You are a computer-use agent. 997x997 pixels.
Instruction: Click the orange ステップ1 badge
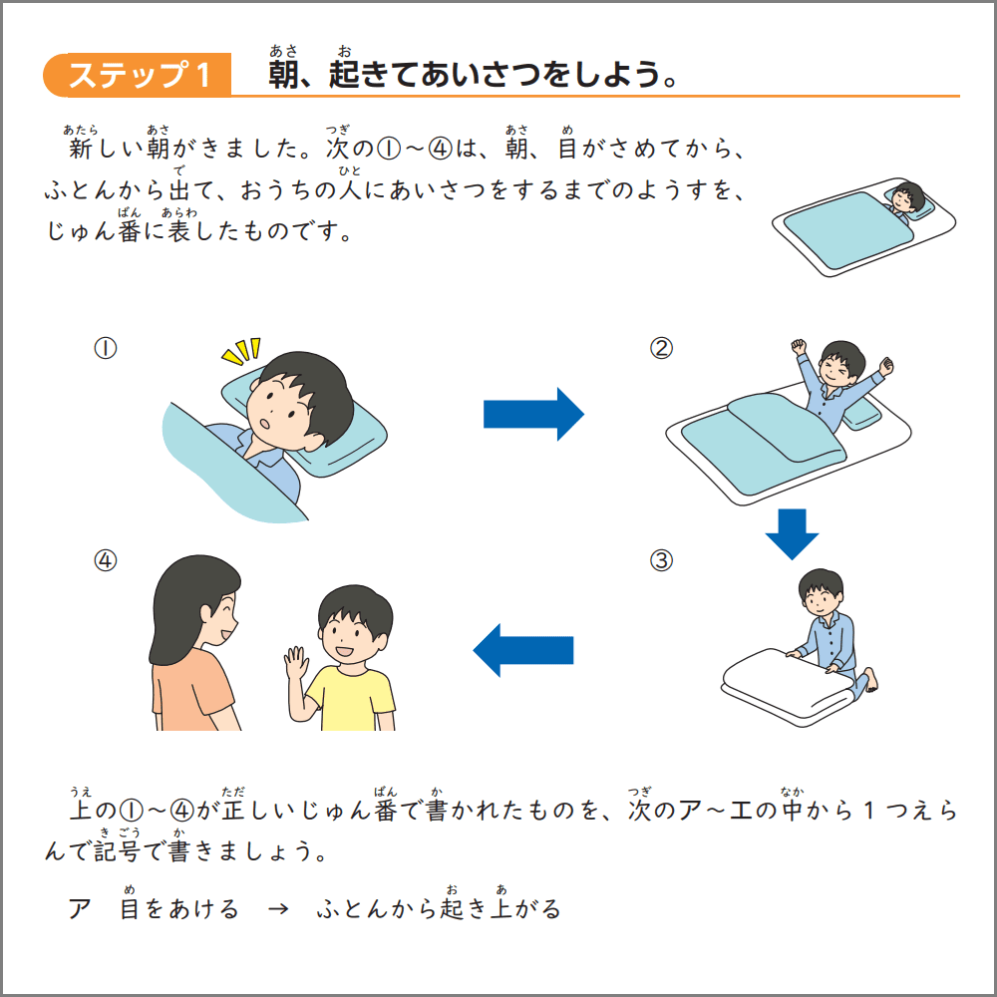click(138, 75)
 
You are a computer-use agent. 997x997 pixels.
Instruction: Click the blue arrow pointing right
click(532, 414)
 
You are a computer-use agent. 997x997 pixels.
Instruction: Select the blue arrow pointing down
click(792, 533)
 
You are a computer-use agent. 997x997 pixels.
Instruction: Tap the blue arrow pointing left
click(522, 650)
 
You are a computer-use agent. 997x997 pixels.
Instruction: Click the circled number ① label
click(106, 348)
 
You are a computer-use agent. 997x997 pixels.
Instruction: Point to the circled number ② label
click(661, 348)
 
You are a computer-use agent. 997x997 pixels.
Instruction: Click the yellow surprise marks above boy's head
click(241, 352)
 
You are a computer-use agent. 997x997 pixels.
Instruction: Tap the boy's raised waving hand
click(295, 663)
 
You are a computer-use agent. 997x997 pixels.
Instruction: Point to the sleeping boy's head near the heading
click(907, 195)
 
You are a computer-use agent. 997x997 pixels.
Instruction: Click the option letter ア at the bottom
click(80, 909)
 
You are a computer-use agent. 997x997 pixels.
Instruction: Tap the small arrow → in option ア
click(279, 909)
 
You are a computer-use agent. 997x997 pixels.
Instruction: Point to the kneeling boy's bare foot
click(870, 683)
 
